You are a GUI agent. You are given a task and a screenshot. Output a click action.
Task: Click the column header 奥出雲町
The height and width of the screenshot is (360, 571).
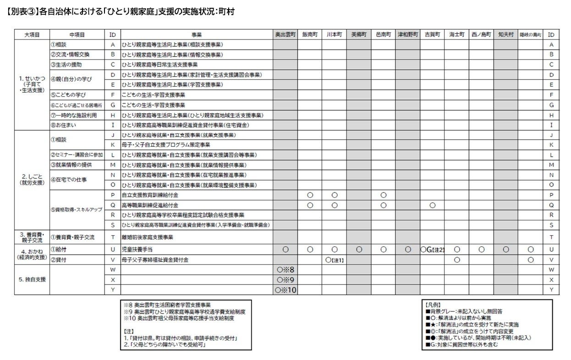(285, 34)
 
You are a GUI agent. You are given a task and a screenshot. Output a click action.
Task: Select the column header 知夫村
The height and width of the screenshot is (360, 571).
(505, 34)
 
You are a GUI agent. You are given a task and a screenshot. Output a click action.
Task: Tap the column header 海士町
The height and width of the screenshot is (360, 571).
(456, 34)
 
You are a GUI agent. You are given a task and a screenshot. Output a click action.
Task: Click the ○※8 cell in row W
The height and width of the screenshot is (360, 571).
(285, 270)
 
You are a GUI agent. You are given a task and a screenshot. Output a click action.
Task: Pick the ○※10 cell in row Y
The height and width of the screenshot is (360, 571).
(285, 290)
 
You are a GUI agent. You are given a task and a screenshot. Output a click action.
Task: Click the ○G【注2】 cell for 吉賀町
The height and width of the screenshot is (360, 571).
(432, 250)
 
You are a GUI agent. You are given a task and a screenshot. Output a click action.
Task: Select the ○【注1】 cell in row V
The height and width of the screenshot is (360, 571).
(335, 260)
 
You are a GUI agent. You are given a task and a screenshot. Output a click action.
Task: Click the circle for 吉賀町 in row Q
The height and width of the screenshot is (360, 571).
(432, 205)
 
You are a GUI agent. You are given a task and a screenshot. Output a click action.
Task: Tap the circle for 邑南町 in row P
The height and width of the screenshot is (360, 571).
(383, 195)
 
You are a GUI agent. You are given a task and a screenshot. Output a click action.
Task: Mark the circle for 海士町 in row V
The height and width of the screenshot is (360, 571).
(456, 260)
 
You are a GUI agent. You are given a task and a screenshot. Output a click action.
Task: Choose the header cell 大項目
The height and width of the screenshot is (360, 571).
(32, 34)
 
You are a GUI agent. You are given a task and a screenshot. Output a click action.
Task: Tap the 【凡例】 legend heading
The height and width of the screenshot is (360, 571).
(434, 304)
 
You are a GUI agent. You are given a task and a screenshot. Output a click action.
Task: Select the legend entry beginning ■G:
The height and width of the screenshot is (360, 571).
(461, 344)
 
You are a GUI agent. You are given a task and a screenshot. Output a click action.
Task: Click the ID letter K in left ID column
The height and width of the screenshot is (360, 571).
(113, 145)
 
